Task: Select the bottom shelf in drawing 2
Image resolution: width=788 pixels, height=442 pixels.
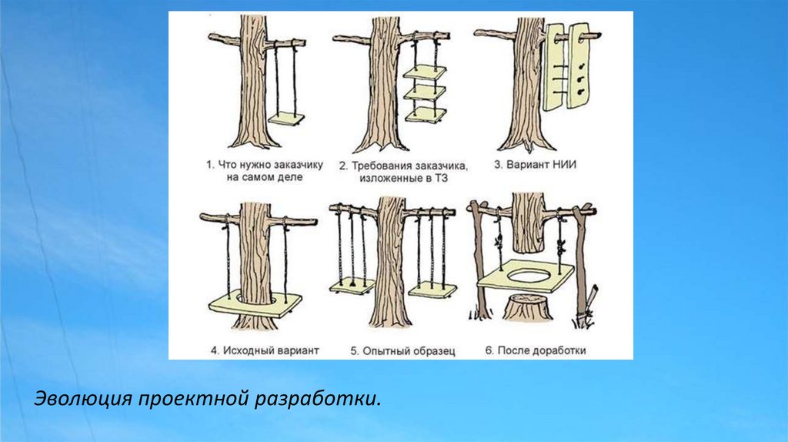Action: [425, 116]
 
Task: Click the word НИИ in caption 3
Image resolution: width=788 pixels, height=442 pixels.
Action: [566, 165]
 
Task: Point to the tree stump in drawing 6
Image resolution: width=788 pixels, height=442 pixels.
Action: [525, 309]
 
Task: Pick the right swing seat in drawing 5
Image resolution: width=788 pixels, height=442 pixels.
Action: [432, 290]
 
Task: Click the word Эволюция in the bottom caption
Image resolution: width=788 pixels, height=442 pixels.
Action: [83, 400]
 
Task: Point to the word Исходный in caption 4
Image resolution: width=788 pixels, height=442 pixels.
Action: [245, 350]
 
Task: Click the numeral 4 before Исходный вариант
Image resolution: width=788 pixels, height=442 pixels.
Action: [213, 350]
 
